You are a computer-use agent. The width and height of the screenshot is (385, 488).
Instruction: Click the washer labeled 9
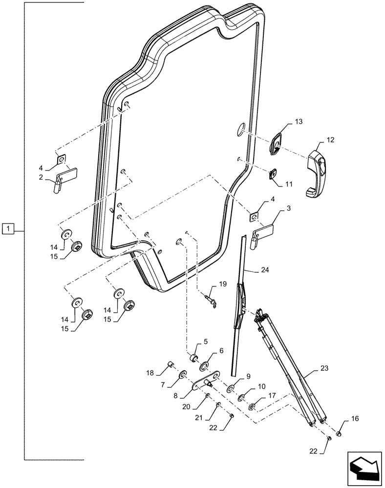pos(231,389)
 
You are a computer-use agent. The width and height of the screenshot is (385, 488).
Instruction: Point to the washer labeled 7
pos(183,375)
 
